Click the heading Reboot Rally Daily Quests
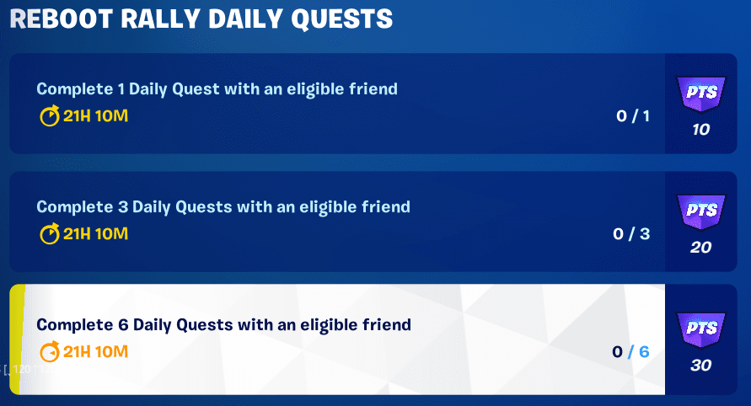click(201, 19)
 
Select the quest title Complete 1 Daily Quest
click(217, 88)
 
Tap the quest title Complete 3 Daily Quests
click(223, 206)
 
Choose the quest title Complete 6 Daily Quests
click(223, 324)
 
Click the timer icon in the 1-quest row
click(50, 116)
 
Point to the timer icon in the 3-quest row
click(50, 234)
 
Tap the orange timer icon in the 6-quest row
click(50, 351)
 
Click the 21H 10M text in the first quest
click(95, 116)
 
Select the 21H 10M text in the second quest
click(95, 234)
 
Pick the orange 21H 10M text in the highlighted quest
click(95, 351)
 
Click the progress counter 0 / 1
click(633, 116)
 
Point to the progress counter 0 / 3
click(631, 234)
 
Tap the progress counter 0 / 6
click(631, 351)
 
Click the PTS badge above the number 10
click(700, 93)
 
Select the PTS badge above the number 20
click(700, 211)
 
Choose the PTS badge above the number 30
click(700, 329)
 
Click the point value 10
click(700, 130)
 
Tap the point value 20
click(700, 248)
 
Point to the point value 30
click(700, 366)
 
